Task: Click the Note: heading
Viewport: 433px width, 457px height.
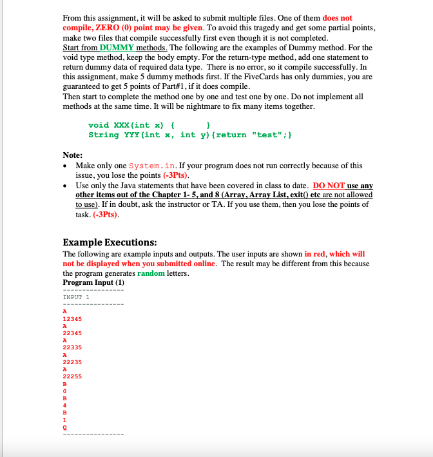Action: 72,155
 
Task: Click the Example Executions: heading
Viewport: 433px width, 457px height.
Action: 110,242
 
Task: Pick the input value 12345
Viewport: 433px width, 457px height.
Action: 72,318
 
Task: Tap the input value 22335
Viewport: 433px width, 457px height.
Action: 72,347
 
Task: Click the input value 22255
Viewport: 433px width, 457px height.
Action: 72,375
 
